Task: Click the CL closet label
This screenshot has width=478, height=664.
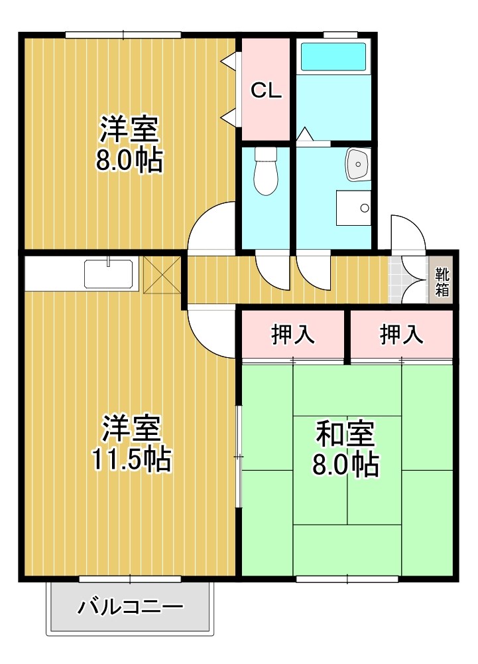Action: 266,92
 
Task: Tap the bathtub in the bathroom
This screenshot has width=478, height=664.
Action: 333,57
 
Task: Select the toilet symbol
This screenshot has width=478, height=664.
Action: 265,172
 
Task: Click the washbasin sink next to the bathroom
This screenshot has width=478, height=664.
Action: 357,164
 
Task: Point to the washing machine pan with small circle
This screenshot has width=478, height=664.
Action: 353,208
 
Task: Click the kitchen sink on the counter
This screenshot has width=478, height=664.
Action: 109,274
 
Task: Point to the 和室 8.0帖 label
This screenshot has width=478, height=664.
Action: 345,449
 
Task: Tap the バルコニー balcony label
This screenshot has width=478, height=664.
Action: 130,606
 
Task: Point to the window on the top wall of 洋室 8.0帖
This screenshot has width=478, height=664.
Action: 123,35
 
